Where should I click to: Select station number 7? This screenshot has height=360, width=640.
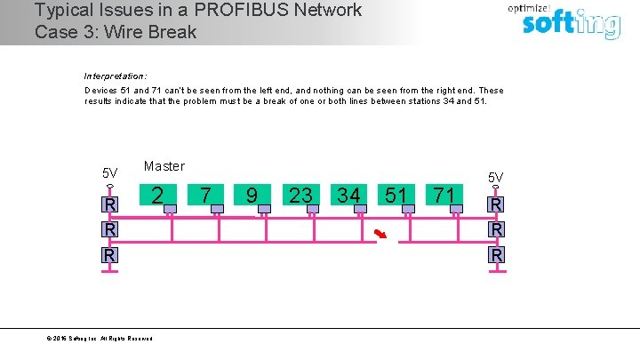point(205,195)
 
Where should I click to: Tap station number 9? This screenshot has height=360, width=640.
point(252,195)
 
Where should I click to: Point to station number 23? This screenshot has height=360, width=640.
point(300,195)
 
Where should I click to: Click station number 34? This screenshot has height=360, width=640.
point(348,195)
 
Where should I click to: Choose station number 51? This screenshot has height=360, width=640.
point(396,195)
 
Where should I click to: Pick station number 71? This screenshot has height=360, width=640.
point(444,195)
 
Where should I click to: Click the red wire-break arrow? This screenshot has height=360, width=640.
point(380,235)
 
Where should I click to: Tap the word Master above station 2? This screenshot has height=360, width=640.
point(164,166)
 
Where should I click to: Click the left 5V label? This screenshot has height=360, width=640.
point(109,173)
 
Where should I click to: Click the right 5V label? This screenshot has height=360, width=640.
point(495,178)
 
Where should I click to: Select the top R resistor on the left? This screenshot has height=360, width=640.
point(109,205)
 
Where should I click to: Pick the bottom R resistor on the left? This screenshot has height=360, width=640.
point(109,255)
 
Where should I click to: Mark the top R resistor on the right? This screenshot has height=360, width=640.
point(496,205)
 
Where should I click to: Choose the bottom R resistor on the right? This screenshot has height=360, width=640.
point(496,255)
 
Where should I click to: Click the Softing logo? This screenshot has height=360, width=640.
point(570,21)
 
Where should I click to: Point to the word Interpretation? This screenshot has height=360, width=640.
point(115,76)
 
